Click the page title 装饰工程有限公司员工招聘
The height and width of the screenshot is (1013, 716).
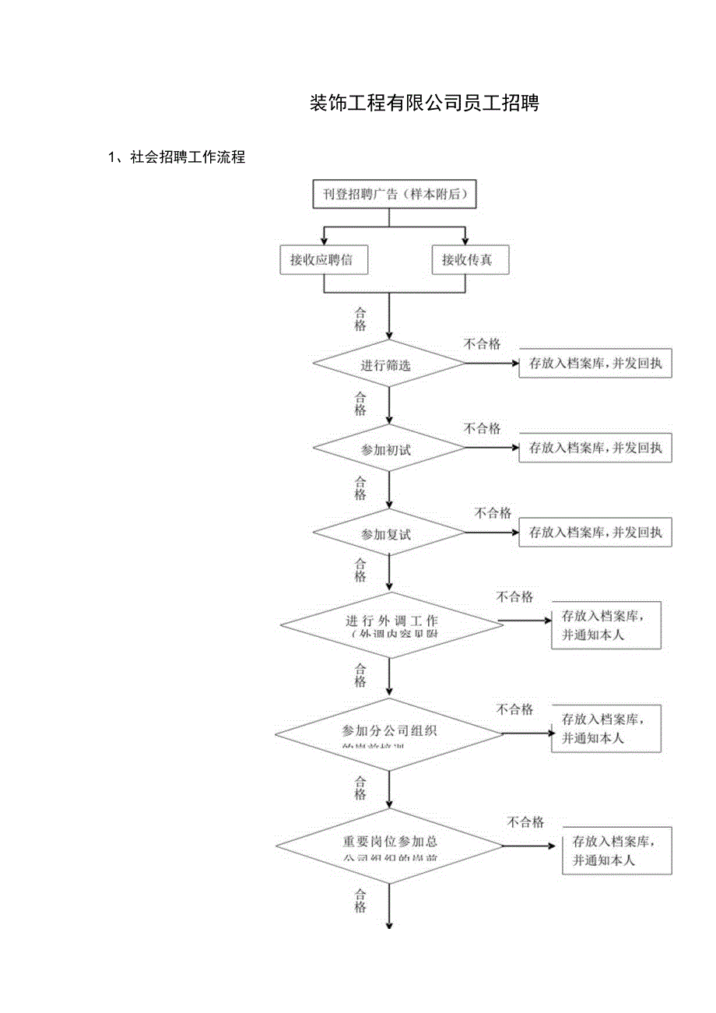[x=424, y=104]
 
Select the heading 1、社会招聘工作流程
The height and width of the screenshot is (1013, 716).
[x=177, y=157]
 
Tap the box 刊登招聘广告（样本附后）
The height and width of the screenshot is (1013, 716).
[x=394, y=194]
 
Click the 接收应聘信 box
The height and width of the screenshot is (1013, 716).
[x=323, y=260]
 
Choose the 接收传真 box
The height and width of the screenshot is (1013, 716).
[x=469, y=260]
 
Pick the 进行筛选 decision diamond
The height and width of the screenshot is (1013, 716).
[x=388, y=364]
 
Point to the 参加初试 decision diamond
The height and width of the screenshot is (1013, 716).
[x=388, y=448]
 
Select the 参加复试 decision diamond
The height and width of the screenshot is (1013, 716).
[x=388, y=533]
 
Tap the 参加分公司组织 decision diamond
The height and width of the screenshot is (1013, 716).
[x=389, y=734]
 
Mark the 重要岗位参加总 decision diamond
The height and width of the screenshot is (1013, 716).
[x=390, y=845]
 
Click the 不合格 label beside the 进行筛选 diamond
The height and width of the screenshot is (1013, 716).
[x=483, y=344]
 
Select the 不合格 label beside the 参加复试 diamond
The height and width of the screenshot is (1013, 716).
[x=493, y=513]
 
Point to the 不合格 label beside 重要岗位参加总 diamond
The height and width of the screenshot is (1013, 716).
[x=525, y=822]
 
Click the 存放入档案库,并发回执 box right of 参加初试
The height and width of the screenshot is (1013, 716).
[x=595, y=448]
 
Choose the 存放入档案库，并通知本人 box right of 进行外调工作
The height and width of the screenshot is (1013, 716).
[x=606, y=624]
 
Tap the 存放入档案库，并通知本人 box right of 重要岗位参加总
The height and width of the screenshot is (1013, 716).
[x=616, y=851]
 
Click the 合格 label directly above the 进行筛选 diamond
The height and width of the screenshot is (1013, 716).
[x=360, y=319]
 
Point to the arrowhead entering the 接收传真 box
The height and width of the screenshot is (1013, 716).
[x=465, y=239]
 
